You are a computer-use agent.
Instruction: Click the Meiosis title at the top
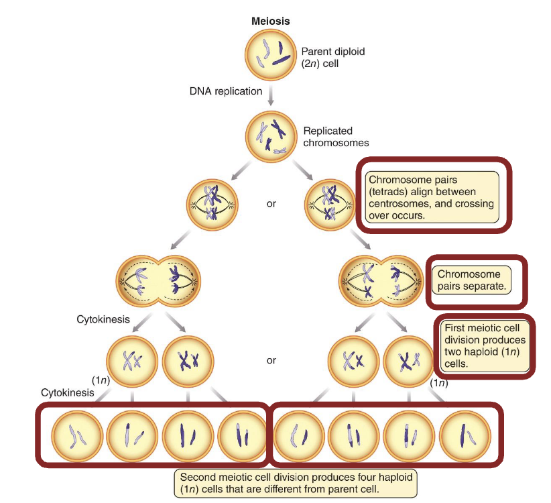pyautogui.click(x=270, y=21)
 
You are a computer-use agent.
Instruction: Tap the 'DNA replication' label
pyautogui.click(x=225, y=91)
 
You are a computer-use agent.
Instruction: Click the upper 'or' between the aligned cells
pyautogui.click(x=271, y=203)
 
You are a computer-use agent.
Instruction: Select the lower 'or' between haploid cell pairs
pyautogui.click(x=271, y=360)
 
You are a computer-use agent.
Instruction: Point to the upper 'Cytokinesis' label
pyautogui.click(x=103, y=319)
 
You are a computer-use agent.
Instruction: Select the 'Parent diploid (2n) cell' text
pyautogui.click(x=333, y=57)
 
